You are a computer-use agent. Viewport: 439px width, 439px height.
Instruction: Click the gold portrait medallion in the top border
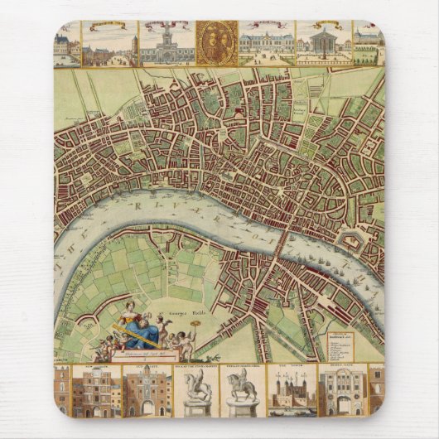(216, 43)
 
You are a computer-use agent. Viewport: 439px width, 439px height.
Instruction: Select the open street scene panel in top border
(110, 46)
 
